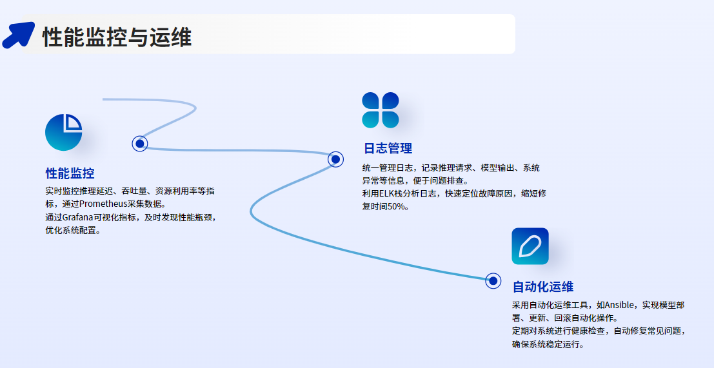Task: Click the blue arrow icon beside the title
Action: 18,35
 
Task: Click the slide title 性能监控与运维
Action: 117,37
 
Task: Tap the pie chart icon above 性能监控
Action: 64,132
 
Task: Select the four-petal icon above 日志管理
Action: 381,110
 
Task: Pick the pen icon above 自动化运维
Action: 530,246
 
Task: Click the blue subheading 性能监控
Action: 70,173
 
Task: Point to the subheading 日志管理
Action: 388,148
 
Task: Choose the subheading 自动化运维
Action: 543,287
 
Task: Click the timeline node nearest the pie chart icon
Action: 140,144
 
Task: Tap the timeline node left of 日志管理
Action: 335,159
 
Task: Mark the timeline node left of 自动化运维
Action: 493,280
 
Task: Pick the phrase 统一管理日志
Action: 387,168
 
